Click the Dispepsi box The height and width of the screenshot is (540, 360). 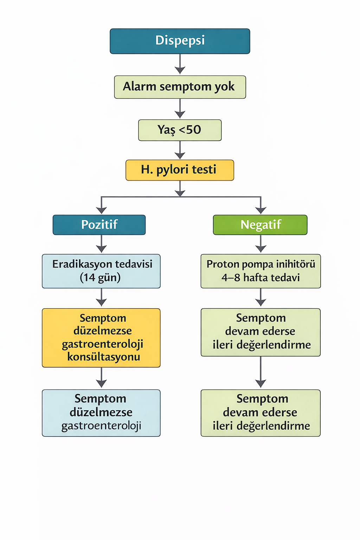[180, 41]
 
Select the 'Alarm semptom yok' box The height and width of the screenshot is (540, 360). [180, 87]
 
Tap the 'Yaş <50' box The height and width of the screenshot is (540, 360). [180, 130]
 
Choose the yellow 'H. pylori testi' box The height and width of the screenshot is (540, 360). [180, 170]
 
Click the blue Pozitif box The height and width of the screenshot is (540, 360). [99, 225]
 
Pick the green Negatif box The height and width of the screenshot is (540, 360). [260, 225]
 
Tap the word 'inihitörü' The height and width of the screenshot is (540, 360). [296, 264]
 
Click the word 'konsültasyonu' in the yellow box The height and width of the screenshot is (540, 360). [103, 357]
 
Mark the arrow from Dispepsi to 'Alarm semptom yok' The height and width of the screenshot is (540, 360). [180, 64]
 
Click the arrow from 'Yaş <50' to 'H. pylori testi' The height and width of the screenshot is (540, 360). [180, 150]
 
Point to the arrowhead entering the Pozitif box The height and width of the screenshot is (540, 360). [102, 210]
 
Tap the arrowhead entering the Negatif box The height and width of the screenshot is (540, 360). [261, 210]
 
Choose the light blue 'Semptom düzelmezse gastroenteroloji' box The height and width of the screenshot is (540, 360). [101, 413]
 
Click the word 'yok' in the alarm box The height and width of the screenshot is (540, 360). [224, 87]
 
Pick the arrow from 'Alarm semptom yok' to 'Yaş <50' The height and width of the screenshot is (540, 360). [180, 109]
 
